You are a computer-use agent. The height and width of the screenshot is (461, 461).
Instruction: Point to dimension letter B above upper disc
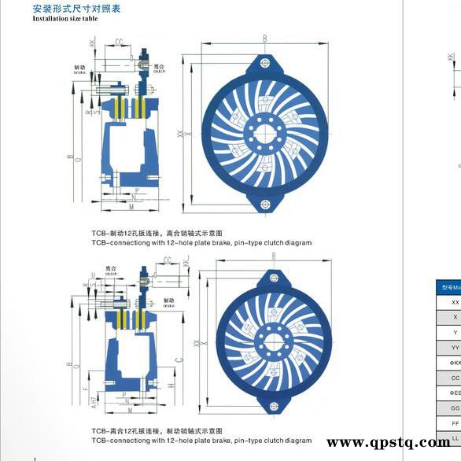click(264, 38)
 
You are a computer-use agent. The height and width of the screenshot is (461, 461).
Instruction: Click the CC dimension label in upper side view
click(119, 42)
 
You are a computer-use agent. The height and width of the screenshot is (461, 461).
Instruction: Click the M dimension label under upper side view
click(131, 206)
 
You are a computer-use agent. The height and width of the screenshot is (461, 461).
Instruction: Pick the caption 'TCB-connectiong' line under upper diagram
click(201, 243)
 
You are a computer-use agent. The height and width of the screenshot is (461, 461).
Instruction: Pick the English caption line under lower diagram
click(201, 441)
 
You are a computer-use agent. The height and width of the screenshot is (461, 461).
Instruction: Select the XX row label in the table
click(454, 301)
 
